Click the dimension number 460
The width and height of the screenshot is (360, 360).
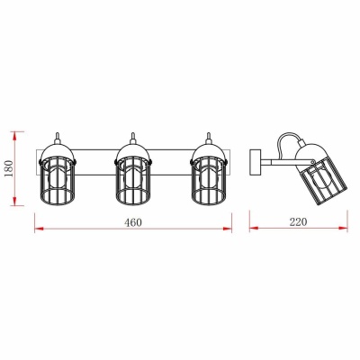tap(133, 222)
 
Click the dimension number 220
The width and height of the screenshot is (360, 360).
tap(298, 222)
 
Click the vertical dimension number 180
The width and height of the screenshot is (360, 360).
tap(10, 168)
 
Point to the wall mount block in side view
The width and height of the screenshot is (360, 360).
tap(255, 162)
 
